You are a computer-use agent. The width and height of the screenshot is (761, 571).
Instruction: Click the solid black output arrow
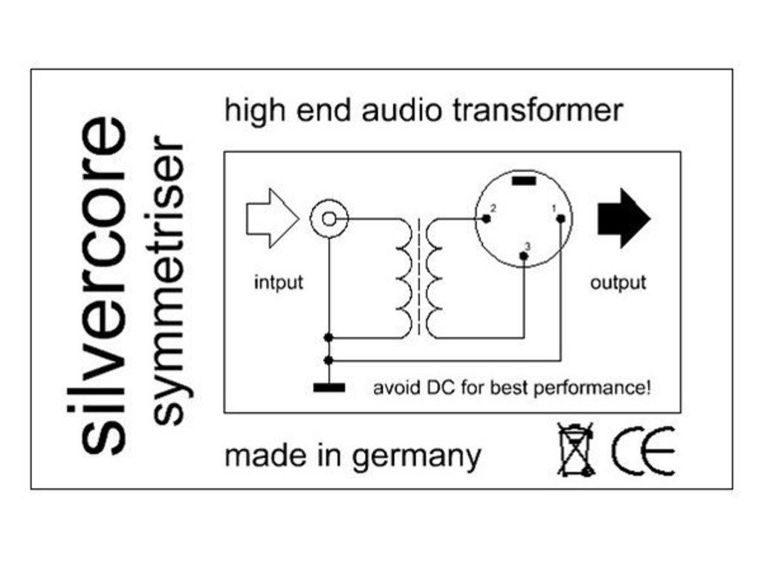point(623,218)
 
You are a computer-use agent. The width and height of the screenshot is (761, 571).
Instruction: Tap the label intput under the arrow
point(279,283)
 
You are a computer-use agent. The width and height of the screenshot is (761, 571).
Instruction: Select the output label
point(618,283)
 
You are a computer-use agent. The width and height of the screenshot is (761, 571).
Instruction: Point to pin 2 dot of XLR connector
point(486,219)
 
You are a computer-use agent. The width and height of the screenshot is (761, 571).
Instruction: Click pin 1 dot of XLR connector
point(560,218)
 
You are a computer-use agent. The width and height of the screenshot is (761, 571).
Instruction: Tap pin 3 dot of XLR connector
point(524,257)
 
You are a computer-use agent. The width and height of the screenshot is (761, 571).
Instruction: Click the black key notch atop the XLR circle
point(523,181)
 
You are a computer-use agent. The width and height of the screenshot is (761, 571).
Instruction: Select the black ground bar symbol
point(328,387)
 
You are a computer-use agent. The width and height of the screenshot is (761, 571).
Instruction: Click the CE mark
point(644,451)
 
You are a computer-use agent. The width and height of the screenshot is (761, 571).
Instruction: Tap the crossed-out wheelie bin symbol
point(576,449)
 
